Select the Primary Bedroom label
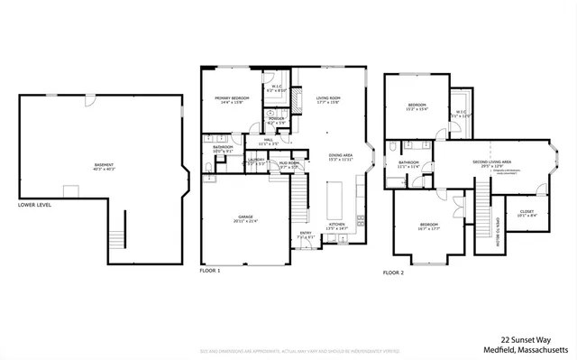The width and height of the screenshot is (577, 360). [232, 99]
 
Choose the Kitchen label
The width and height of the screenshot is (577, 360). [336, 226]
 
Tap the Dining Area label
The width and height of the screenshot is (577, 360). [340, 155]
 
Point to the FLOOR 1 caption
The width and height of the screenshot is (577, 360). [210, 270]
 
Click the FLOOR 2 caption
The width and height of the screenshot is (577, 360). [394, 272]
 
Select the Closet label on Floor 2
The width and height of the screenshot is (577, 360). [527, 214]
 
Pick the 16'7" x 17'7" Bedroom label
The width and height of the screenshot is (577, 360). [428, 226]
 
